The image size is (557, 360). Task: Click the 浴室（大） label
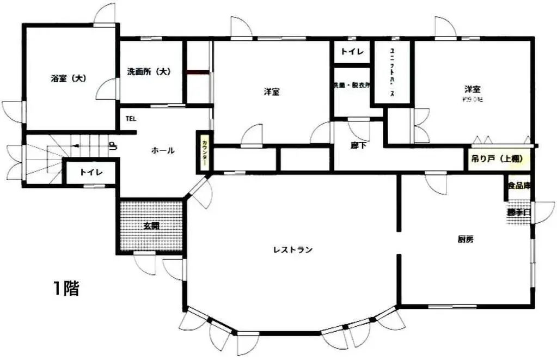click(x=69, y=78)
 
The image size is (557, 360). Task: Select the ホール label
click(x=163, y=151)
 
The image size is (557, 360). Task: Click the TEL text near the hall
click(x=131, y=118)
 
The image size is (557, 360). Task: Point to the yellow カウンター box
click(x=204, y=153)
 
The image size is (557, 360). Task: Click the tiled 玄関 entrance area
click(x=151, y=226)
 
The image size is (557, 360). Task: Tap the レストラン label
click(x=293, y=250)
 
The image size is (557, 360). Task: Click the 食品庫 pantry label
click(x=519, y=186)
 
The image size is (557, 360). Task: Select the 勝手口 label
click(x=518, y=212)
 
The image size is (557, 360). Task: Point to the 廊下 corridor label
click(x=358, y=145)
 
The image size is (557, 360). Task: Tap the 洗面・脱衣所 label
click(x=352, y=86)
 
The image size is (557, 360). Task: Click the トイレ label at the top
click(x=352, y=53)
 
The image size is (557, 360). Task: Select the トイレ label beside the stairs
click(x=90, y=172)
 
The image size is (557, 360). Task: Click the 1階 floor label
click(x=66, y=289)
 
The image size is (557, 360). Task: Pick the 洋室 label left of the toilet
click(x=272, y=92)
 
